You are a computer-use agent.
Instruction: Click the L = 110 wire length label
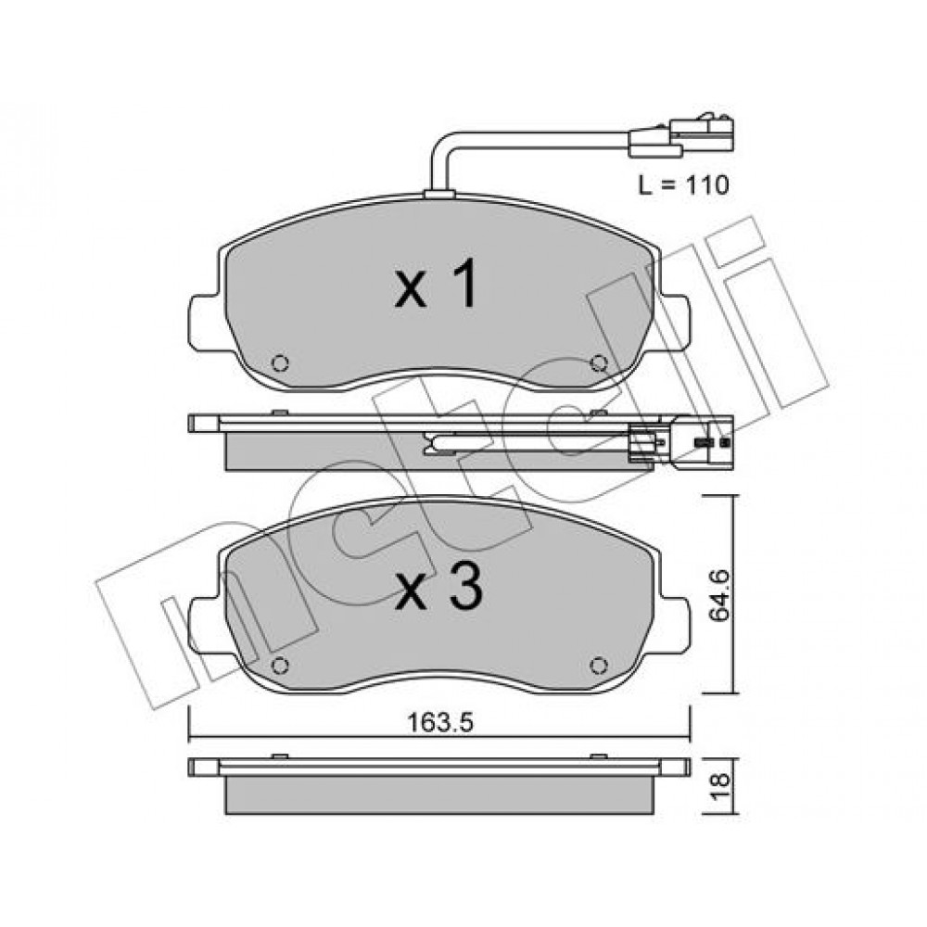coord(683,185)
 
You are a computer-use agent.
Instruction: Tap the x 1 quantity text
coord(436,284)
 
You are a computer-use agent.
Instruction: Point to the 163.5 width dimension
coord(440,722)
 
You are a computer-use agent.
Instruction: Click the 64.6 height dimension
coord(719,595)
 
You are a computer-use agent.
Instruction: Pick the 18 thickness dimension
coord(719,787)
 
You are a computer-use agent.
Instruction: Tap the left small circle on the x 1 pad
coord(280,362)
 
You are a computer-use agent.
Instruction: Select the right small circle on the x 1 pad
coord(599,362)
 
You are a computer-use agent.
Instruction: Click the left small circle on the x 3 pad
coord(280,666)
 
